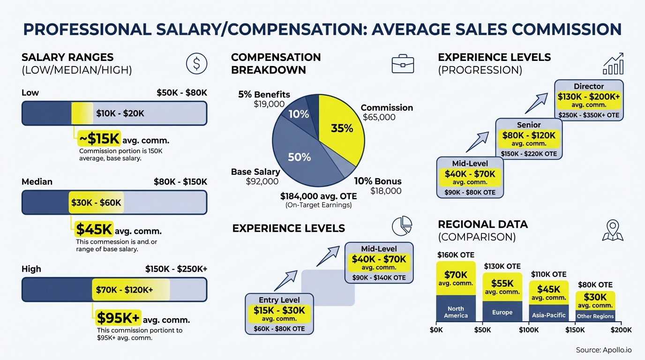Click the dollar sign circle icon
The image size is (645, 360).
click(196, 63)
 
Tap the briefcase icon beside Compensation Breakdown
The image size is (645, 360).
click(403, 64)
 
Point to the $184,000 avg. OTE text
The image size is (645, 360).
click(318, 196)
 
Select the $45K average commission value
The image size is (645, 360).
click(94, 230)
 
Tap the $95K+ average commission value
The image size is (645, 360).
click(118, 319)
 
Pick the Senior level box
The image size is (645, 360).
click(529, 139)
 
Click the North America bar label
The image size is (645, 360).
click(456, 312)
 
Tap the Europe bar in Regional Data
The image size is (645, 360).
click(502, 297)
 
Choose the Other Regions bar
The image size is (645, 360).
click(595, 307)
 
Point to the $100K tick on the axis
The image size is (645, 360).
click(529, 330)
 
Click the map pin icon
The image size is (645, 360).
click(612, 230)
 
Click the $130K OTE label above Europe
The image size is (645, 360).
click(502, 266)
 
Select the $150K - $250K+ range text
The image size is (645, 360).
click(176, 269)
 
